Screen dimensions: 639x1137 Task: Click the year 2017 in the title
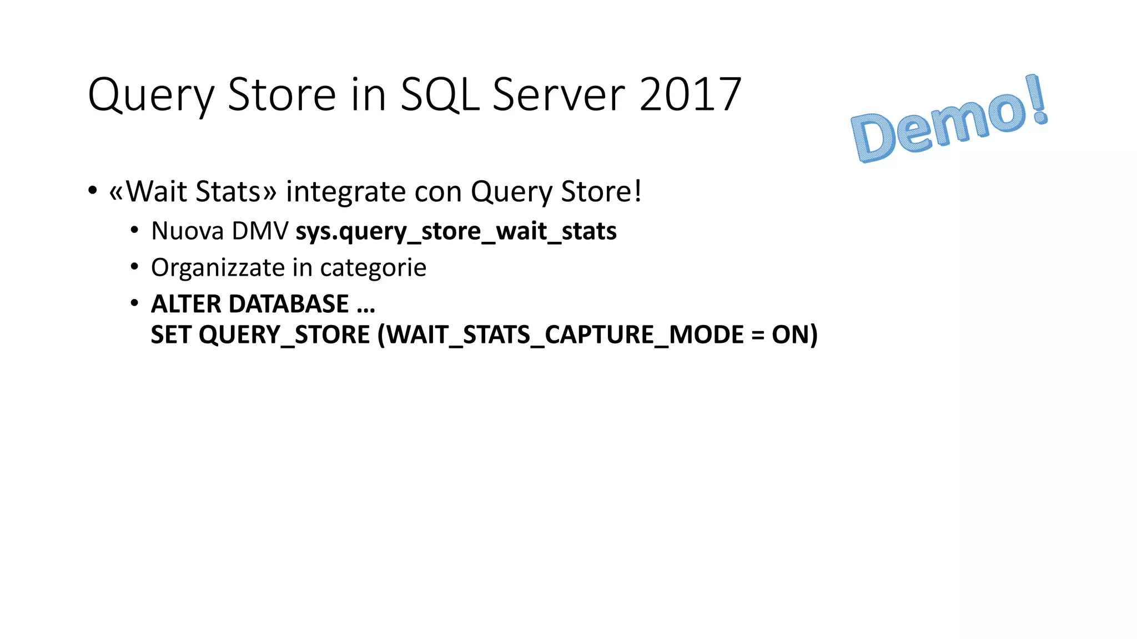click(x=690, y=94)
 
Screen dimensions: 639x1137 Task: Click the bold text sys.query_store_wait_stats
click(x=456, y=231)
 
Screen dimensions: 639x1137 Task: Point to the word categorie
click(x=373, y=268)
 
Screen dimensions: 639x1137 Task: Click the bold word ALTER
click(x=186, y=304)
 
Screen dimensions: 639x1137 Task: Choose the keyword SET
click(x=171, y=335)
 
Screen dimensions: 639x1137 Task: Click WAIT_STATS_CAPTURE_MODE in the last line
click(x=565, y=335)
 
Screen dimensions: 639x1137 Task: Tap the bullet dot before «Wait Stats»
click(x=93, y=191)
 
